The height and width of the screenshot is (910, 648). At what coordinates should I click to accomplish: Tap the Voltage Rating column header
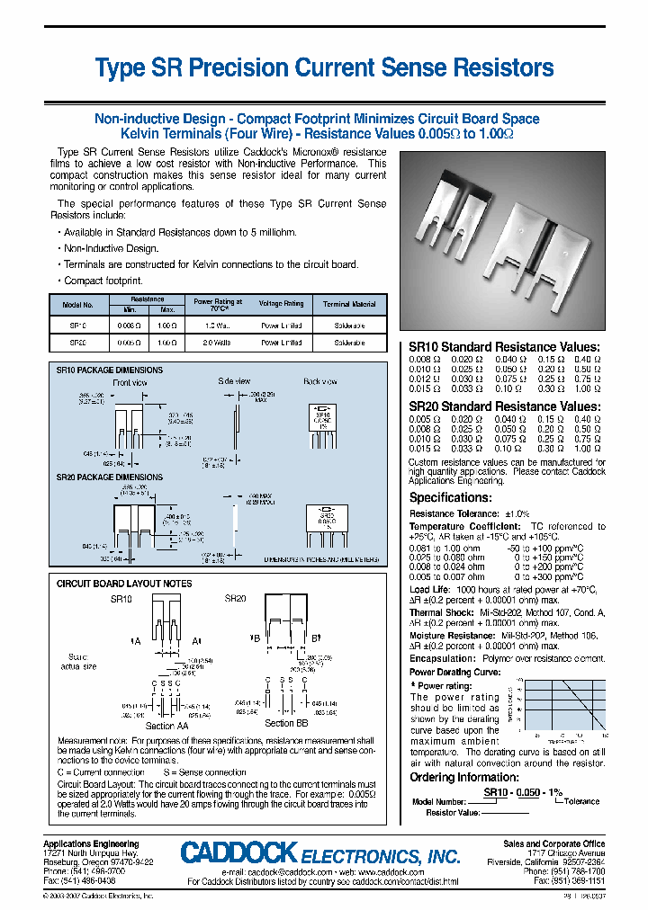(281, 304)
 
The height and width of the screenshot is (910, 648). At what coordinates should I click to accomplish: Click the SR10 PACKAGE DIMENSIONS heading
(110, 370)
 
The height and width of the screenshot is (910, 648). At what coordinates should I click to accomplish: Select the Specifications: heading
(450, 497)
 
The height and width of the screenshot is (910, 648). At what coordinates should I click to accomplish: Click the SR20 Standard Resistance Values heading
(503, 406)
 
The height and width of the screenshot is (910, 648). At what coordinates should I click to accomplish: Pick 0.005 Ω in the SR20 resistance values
(424, 419)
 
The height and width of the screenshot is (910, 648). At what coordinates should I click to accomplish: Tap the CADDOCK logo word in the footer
(238, 853)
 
